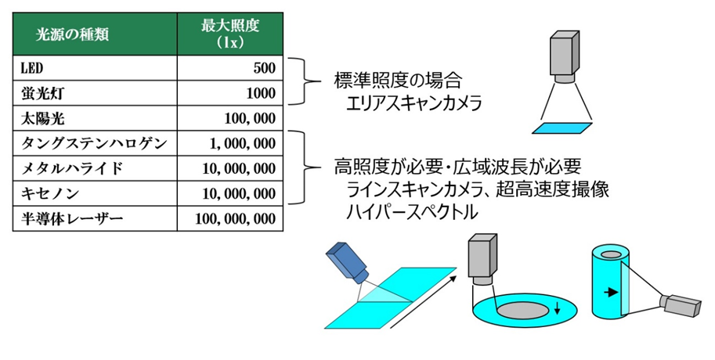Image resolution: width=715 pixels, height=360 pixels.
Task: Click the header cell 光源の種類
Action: [x=72, y=34]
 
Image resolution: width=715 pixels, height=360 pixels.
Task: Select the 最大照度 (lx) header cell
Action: [x=230, y=34]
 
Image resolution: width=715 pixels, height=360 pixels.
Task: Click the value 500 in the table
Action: [x=264, y=68]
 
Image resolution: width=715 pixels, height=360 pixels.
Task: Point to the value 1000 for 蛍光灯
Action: [x=260, y=94]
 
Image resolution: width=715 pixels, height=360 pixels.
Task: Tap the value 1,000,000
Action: [x=242, y=144]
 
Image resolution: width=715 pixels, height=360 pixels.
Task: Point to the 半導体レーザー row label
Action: [x=72, y=218]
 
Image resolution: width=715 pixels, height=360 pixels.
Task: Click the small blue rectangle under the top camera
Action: [x=562, y=128]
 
